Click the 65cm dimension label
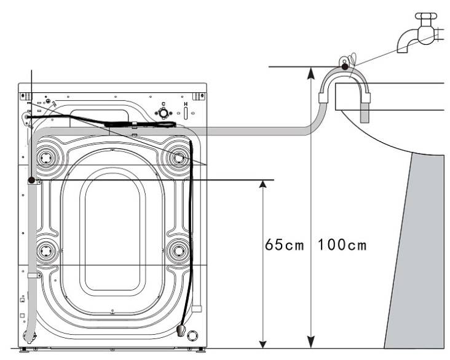284,245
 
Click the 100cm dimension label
342,245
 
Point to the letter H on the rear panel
186,105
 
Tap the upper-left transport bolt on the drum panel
45,158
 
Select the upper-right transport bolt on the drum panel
179,158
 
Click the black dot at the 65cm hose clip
31,180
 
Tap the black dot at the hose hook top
345,65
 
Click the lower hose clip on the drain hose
33,276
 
